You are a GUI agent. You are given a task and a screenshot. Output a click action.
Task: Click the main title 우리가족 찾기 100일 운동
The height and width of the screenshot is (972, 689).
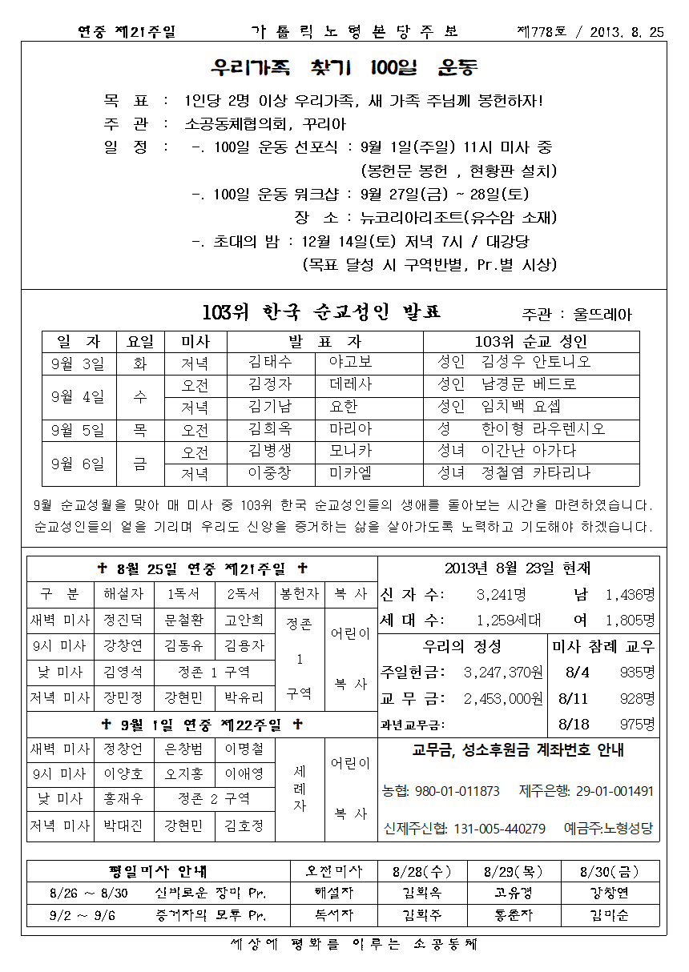tap(344, 66)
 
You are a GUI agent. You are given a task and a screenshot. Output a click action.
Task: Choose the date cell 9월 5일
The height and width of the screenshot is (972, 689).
tap(77, 429)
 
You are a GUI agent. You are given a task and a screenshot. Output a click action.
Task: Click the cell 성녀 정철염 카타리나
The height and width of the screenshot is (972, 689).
tap(514, 473)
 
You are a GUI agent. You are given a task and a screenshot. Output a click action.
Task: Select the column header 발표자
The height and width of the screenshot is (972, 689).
tap(325, 341)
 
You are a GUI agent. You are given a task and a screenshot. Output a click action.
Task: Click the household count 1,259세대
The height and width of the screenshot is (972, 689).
tap(509, 620)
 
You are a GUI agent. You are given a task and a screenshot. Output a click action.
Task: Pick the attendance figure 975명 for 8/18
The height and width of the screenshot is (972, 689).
tap(637, 725)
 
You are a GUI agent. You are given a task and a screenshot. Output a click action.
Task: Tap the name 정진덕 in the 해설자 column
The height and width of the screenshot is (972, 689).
tap(123, 621)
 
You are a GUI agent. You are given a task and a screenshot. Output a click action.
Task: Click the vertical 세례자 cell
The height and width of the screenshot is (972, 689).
tap(299, 789)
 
